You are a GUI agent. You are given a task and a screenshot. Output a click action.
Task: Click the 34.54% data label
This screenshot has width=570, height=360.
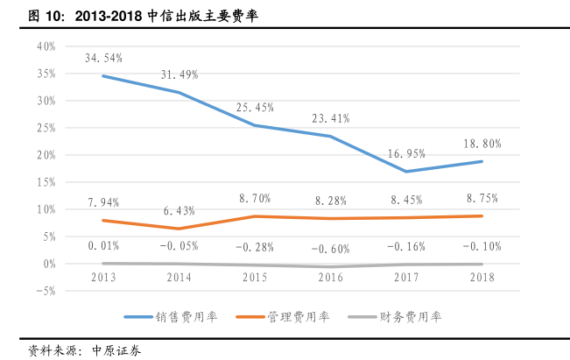(103, 58)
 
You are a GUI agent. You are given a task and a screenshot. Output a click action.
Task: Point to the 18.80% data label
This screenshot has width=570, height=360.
(482, 143)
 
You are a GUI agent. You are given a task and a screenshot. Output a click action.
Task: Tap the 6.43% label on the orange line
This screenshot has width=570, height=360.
(179, 211)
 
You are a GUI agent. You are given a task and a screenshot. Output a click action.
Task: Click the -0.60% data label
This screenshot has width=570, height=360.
(330, 247)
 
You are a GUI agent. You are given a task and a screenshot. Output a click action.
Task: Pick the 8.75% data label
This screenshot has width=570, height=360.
(482, 199)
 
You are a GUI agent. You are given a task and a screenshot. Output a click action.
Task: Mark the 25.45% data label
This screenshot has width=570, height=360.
(255, 108)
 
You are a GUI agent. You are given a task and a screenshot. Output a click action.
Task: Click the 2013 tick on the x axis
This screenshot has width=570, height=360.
(103, 278)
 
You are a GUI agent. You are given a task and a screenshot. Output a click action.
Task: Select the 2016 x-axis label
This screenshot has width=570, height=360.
(330, 278)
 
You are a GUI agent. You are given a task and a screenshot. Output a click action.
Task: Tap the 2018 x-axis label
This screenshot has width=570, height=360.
(482, 278)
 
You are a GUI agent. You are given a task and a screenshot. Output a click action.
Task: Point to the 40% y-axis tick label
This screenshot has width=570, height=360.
(46, 46)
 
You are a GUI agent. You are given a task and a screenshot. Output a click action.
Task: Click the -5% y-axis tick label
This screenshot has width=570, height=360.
(46, 291)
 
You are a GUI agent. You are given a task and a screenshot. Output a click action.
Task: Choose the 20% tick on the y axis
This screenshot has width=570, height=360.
(46, 155)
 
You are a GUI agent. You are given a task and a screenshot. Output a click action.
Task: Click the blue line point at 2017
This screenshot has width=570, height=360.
(405, 171)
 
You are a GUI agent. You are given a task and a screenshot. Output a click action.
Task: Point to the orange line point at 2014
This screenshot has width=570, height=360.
(179, 229)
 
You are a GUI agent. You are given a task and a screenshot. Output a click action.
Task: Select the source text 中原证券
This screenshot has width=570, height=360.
(116, 349)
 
